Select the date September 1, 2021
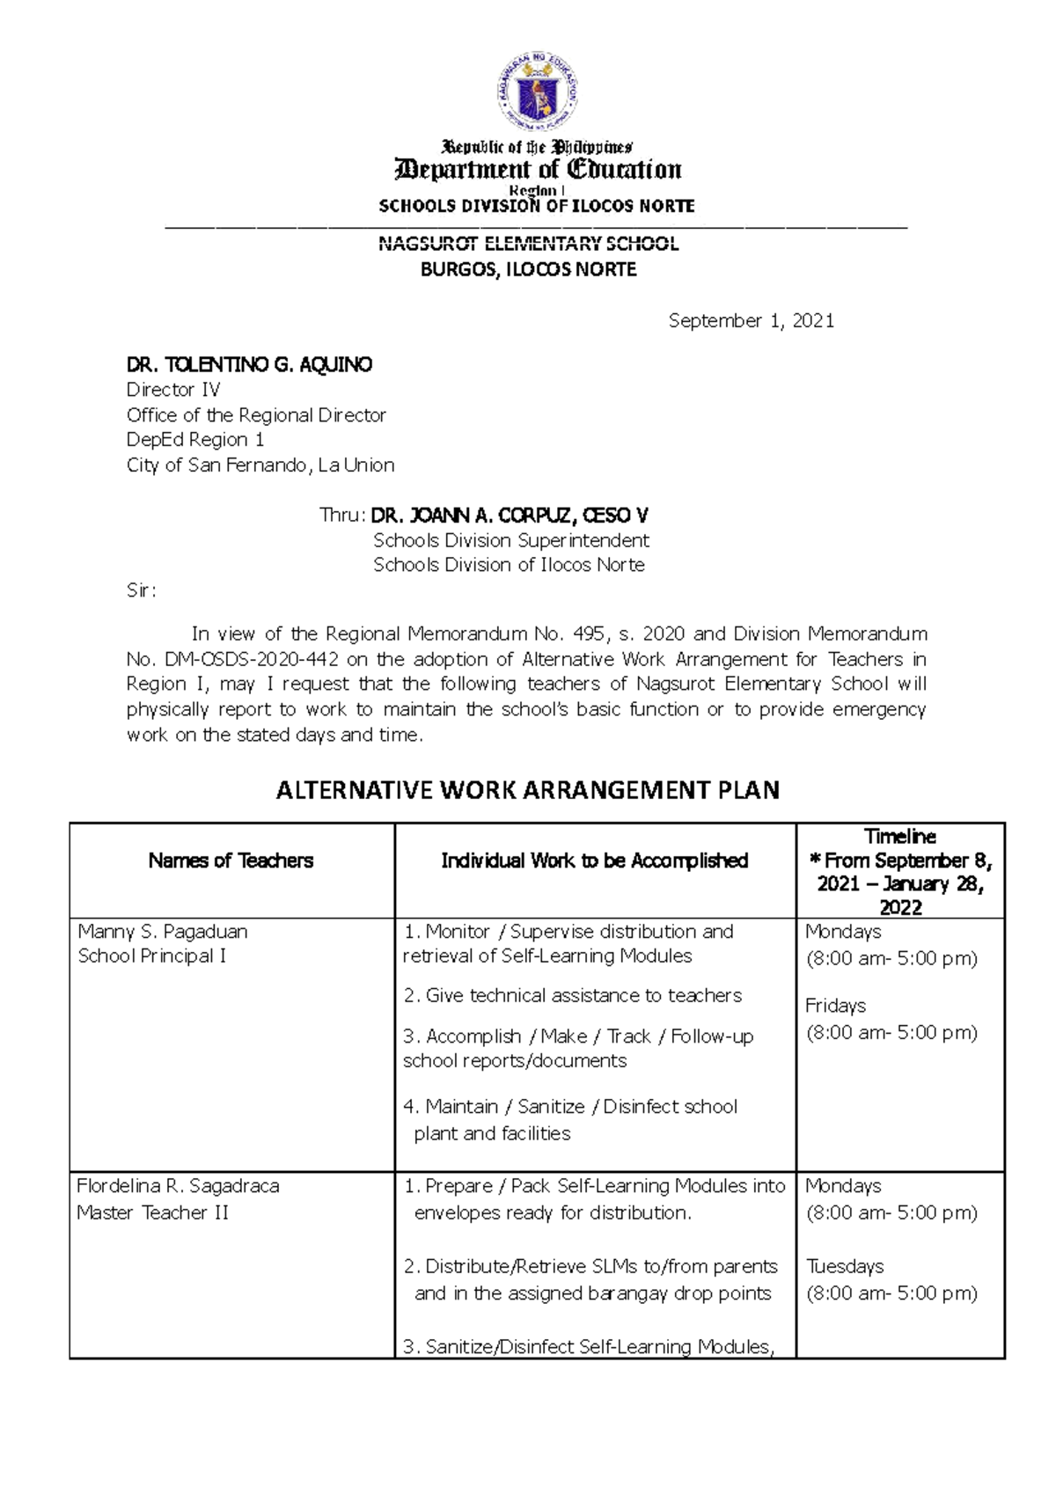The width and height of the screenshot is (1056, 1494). pyautogui.click(x=751, y=321)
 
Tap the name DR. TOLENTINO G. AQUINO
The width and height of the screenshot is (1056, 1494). pyautogui.click(x=249, y=364)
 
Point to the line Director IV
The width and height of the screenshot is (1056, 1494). pyautogui.click(x=173, y=390)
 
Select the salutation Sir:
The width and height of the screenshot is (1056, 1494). pyautogui.click(x=141, y=590)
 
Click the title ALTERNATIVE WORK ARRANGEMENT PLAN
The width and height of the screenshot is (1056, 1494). pyautogui.click(x=528, y=790)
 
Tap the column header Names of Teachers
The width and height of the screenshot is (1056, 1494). pyautogui.click(x=231, y=861)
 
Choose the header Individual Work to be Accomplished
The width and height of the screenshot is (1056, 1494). pyautogui.click(x=594, y=861)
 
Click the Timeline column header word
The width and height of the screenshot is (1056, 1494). pyautogui.click(x=899, y=836)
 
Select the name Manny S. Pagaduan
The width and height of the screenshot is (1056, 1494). pyautogui.click(x=163, y=931)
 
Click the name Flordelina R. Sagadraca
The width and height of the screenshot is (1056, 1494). pyautogui.click(x=178, y=1186)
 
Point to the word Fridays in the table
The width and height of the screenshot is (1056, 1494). pyautogui.click(x=835, y=1006)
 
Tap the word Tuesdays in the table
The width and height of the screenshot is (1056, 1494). pyautogui.click(x=845, y=1266)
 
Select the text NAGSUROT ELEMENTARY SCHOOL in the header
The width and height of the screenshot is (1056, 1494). pyautogui.click(x=528, y=244)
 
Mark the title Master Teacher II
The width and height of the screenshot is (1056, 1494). pyautogui.click(x=152, y=1212)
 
